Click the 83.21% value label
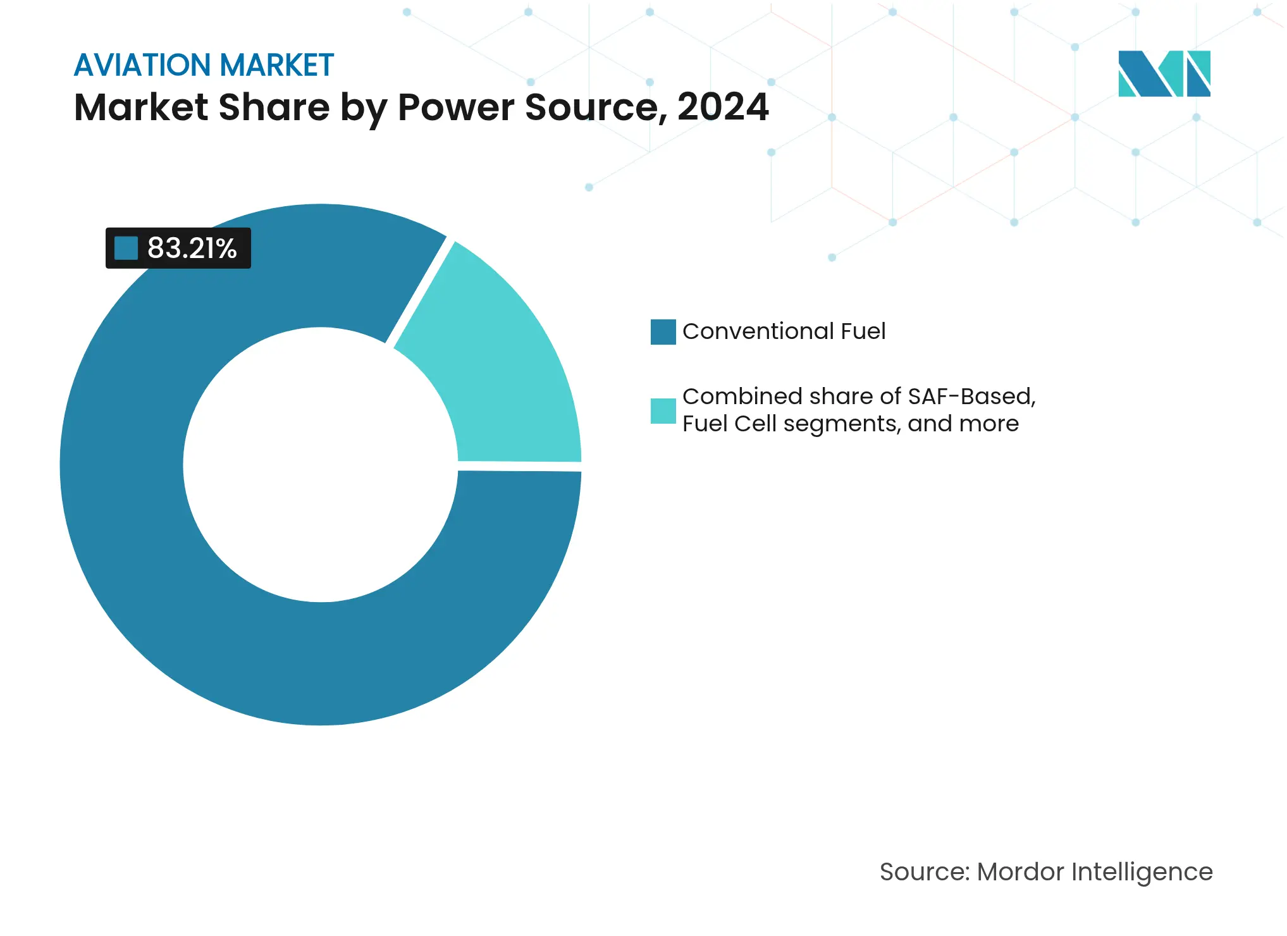click(x=192, y=248)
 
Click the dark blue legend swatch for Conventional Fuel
click(x=663, y=332)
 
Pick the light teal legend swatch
click(x=663, y=411)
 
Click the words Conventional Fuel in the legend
click(x=784, y=331)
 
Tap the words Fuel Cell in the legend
click(x=729, y=424)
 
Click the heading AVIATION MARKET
click(x=204, y=65)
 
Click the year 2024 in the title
click(x=722, y=107)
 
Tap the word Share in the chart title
click(x=273, y=107)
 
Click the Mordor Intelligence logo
click(x=1164, y=73)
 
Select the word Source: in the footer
click(x=924, y=872)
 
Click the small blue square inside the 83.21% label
click(x=126, y=248)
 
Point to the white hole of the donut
click(x=320, y=465)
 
